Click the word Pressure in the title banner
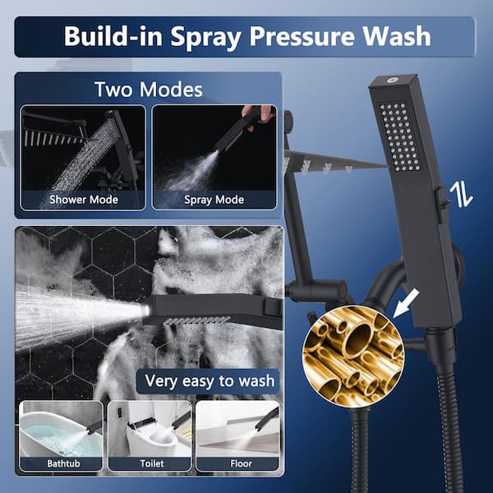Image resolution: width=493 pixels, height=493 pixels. point(302,36)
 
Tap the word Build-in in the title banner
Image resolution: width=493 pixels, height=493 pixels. point(113,36)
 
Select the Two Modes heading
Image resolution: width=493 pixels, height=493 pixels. point(149,90)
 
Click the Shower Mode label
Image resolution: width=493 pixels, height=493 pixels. point(84,200)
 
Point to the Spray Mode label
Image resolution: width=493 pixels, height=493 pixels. point(214,200)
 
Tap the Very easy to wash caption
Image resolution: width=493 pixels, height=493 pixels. point(210,381)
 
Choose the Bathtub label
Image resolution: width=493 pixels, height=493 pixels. point(63,463)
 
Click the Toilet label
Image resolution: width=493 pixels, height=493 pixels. point(152,463)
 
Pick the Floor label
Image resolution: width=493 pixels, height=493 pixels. point(241,463)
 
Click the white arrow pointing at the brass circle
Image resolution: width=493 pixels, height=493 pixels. point(406,303)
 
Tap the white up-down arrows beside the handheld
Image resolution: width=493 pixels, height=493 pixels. point(461,195)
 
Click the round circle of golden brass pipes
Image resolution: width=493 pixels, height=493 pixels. point(353,357)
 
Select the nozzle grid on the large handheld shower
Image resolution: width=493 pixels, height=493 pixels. point(399,136)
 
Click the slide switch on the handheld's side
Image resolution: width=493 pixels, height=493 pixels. point(441,205)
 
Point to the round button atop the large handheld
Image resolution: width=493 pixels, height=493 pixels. point(391,80)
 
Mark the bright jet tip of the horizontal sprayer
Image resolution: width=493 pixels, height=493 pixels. point(145,311)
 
